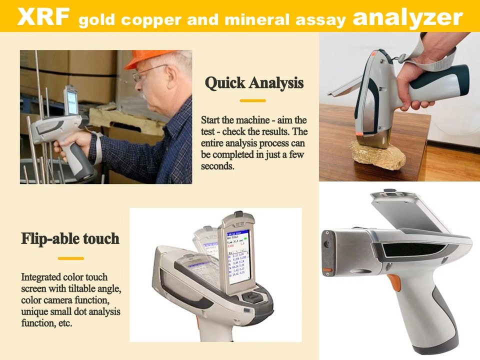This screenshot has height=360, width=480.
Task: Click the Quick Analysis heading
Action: [x=254, y=82]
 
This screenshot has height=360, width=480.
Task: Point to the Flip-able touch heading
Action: [x=70, y=238]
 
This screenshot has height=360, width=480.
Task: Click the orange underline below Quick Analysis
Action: [x=252, y=100]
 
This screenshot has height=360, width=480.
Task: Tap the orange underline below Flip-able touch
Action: [x=71, y=258]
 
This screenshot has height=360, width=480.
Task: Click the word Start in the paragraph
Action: [x=211, y=120]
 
